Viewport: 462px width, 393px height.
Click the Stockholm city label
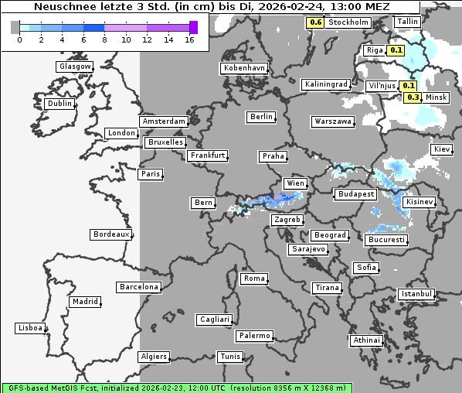click(348, 22)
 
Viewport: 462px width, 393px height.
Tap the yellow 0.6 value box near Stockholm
click(315, 22)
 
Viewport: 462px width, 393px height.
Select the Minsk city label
click(437, 97)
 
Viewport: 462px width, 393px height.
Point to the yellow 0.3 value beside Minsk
click(413, 97)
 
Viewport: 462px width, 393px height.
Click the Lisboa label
click(29, 328)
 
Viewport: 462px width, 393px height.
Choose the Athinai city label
click(366, 340)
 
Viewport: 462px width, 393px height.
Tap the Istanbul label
click(416, 294)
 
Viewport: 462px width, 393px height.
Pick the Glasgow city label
click(75, 67)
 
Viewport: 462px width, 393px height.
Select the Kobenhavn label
click(244, 68)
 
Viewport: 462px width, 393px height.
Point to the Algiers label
click(153, 357)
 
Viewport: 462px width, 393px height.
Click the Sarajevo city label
click(308, 249)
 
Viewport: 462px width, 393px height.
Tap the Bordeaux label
click(110, 234)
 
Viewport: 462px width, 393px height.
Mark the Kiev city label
click(442, 149)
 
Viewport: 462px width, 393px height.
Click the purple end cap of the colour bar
click(193, 28)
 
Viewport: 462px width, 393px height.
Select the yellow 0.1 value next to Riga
click(396, 50)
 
